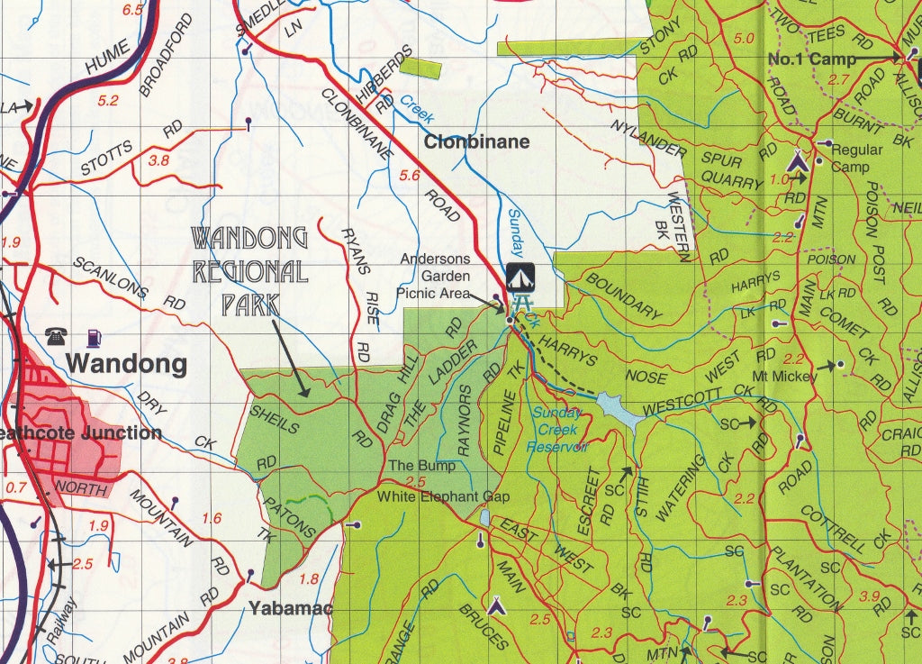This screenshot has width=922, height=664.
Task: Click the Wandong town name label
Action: (127, 364)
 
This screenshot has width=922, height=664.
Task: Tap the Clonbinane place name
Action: (476, 141)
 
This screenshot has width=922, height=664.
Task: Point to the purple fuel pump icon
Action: (92, 338)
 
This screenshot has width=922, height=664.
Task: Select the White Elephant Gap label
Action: (443, 496)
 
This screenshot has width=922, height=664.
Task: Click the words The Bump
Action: (421, 467)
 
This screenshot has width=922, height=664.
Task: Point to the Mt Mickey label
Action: (785, 377)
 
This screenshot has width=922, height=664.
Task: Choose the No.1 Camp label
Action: (811, 59)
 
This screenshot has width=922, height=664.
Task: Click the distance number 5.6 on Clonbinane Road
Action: (410, 176)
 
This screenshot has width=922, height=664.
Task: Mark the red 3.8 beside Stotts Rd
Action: (158, 160)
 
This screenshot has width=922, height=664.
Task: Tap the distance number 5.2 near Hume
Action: (107, 101)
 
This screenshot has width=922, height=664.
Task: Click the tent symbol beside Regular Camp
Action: (797, 162)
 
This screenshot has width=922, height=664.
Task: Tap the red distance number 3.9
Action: (869, 596)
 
